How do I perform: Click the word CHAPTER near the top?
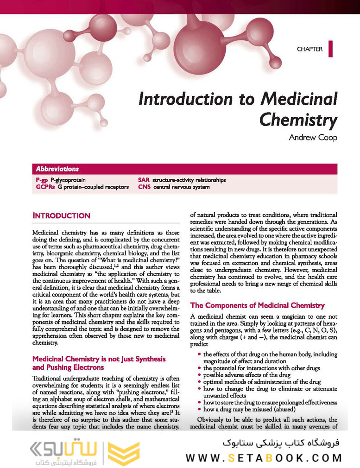coord(309,49)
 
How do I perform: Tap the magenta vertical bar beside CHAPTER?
coord(330,49)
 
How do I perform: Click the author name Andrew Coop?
coord(313,137)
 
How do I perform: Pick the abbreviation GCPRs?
coord(45,187)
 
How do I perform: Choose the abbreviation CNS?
coord(144,187)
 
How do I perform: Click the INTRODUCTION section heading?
coord(61,215)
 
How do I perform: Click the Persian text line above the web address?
coord(281,443)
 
